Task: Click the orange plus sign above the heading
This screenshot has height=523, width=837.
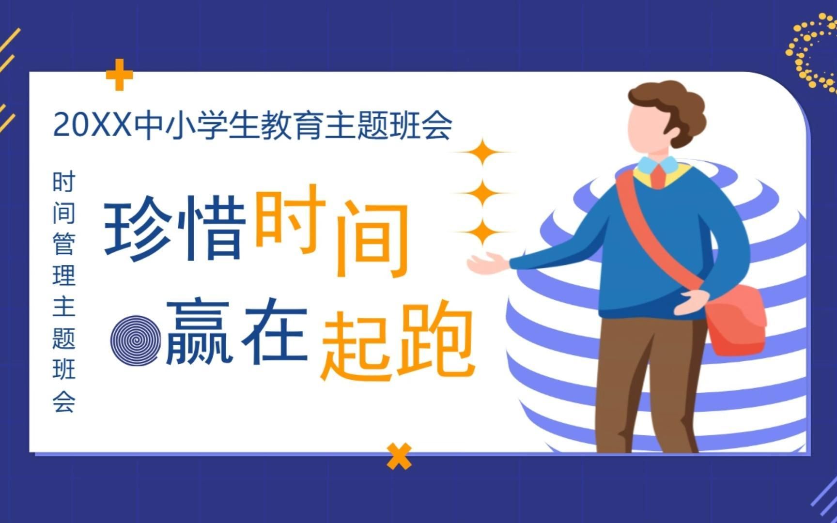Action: tap(119, 75)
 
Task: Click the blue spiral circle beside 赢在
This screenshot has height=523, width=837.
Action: tap(136, 340)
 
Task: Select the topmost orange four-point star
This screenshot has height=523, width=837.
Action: tap(482, 152)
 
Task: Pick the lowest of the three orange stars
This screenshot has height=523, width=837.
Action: tap(482, 232)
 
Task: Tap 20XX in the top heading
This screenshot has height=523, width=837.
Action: tap(92, 125)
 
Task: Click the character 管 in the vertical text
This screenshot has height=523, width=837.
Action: tap(64, 244)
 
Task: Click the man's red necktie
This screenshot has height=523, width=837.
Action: tap(658, 175)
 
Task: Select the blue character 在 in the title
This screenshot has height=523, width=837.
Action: tap(275, 330)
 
